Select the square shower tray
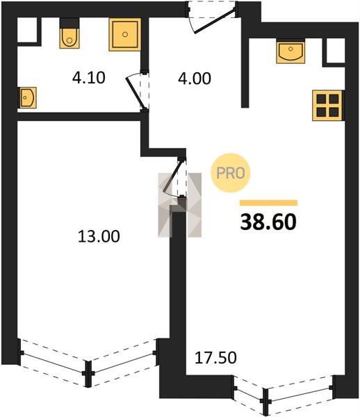[x=124, y=35]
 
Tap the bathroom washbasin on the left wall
[x=27, y=97]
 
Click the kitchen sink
[x=291, y=51]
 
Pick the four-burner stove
[x=327, y=106]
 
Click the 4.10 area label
[x=89, y=78]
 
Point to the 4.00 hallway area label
[x=195, y=79]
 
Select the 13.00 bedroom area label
[x=99, y=236]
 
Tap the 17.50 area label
[x=215, y=358]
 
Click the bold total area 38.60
[x=268, y=222]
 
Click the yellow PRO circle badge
[x=231, y=173]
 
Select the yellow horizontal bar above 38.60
[x=268, y=203]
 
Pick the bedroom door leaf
[x=173, y=176]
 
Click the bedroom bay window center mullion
[x=88, y=374]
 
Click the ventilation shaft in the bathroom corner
[x=27, y=30]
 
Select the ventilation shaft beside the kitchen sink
[x=334, y=51]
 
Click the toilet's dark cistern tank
[x=69, y=23]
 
